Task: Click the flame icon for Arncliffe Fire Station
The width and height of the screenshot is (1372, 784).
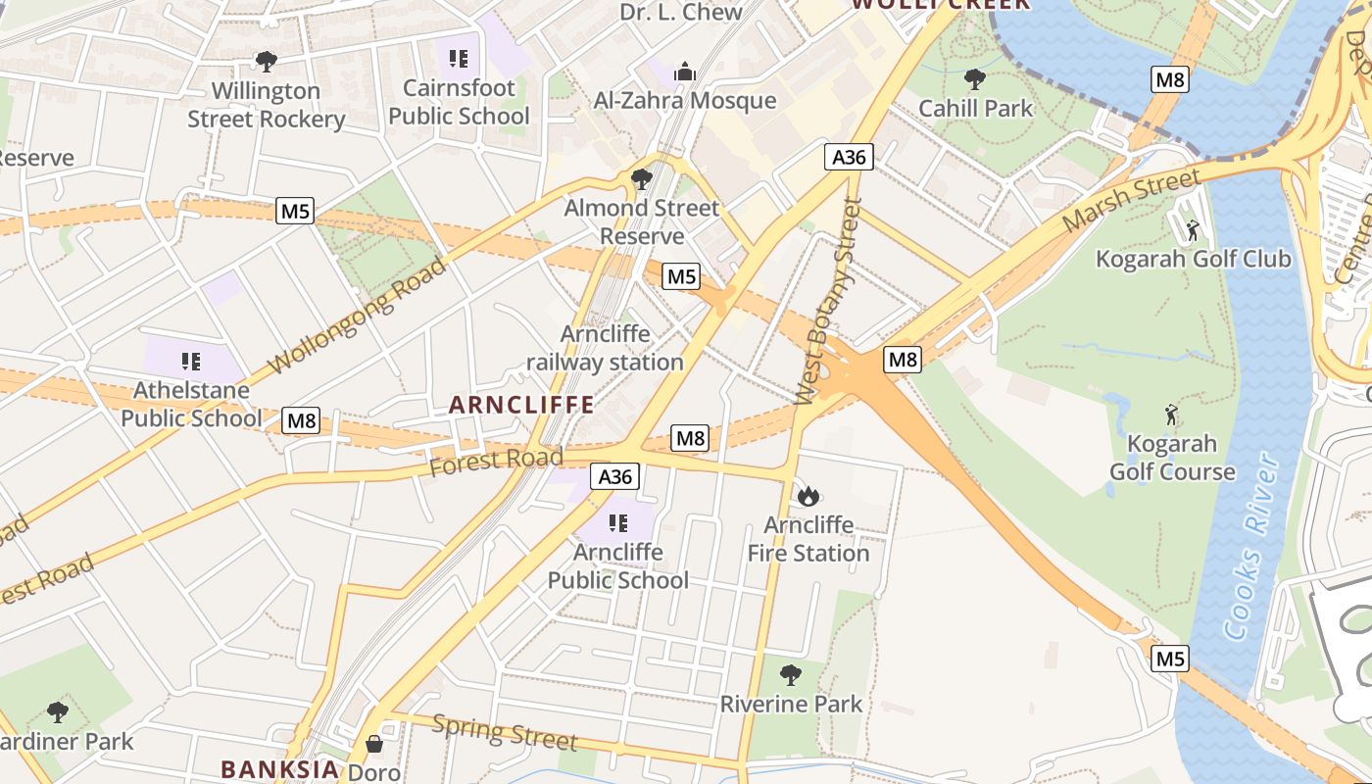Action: (808, 496)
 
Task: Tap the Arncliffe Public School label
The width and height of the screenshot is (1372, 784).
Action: (617, 566)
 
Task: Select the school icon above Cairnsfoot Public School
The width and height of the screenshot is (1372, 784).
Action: (459, 59)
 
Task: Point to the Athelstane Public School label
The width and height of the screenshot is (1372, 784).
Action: (191, 404)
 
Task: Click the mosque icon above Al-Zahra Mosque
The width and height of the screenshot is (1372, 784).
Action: (684, 72)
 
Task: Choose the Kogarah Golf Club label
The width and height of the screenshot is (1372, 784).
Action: (1193, 259)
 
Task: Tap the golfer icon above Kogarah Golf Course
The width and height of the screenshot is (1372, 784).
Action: (1171, 414)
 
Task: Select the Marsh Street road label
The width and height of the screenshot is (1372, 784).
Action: (1131, 201)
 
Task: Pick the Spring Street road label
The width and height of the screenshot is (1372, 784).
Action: (505, 732)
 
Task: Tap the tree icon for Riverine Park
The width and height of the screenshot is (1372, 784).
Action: (791, 675)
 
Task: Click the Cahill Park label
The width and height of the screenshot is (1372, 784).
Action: (975, 108)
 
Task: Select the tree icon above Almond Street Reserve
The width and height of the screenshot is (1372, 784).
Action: (642, 179)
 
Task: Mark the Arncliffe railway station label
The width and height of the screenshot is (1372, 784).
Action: (605, 348)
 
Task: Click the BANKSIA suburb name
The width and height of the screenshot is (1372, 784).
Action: (279, 769)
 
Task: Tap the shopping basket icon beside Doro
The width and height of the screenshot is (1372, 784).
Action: (374, 744)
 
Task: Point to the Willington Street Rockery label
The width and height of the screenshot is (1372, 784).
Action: (267, 105)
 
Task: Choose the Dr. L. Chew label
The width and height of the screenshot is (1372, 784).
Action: (681, 12)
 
